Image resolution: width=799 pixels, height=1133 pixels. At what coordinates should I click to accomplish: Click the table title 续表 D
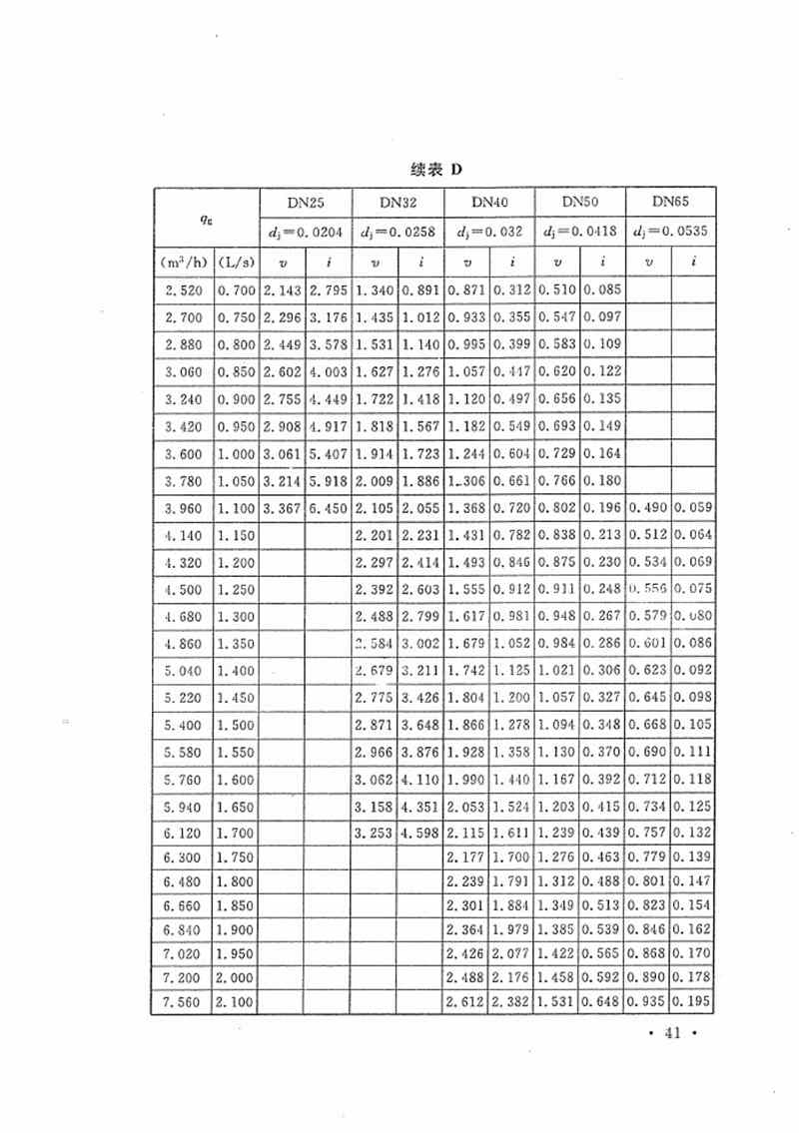pos(437,169)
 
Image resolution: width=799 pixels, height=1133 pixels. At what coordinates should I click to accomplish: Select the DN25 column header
pos(303,202)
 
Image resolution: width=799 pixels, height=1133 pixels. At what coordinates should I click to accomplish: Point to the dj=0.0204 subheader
pos(303,233)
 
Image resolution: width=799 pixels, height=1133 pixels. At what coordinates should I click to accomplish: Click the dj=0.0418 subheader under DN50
pos(580,233)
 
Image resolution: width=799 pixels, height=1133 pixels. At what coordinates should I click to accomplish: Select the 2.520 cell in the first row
pos(180,290)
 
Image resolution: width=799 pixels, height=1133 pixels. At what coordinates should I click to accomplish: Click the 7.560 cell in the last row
pos(180,1001)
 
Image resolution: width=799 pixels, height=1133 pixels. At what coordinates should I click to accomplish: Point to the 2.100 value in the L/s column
pos(234,1001)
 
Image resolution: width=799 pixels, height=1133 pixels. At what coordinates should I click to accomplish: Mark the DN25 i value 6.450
pos(327,508)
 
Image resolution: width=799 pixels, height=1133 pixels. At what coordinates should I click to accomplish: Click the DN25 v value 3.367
pos(281,508)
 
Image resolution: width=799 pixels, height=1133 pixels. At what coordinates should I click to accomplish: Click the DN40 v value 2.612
pos(465,1001)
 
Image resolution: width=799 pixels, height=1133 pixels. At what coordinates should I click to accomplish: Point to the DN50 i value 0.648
pos(602,1001)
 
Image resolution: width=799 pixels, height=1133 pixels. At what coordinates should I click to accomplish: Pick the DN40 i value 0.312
pos(511,290)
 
